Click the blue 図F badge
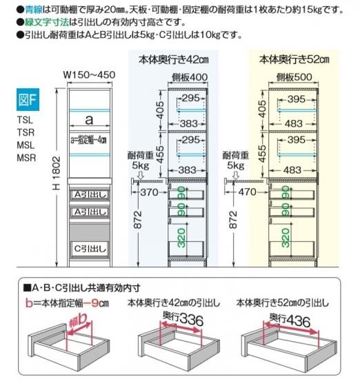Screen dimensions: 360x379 tap(28, 100)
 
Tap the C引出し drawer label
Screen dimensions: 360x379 tap(90, 249)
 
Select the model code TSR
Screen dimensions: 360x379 tap(26, 132)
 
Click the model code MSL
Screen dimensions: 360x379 tap(26, 145)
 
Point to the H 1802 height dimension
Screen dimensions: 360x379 tap(57, 173)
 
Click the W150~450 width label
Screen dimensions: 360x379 tap(89, 75)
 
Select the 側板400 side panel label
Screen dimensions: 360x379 tap(190, 77)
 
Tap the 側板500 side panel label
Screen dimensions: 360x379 tap(294, 77)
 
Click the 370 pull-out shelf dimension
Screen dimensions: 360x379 tap(150, 192)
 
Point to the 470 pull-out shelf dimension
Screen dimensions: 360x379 tap(248, 192)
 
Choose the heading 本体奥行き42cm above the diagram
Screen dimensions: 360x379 tap(174, 60)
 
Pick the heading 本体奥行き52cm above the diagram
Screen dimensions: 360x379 tap(294, 59)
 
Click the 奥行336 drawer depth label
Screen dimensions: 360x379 tap(183, 318)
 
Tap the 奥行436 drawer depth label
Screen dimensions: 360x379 tap(290, 320)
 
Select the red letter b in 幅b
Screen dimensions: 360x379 tap(81, 320)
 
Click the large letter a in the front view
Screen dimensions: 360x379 tap(89, 120)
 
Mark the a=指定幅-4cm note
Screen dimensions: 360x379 tap(88, 140)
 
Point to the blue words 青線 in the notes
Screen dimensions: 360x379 tap(34, 10)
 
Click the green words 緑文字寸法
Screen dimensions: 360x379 tap(47, 22)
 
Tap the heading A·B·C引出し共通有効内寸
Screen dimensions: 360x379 tap(82, 287)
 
